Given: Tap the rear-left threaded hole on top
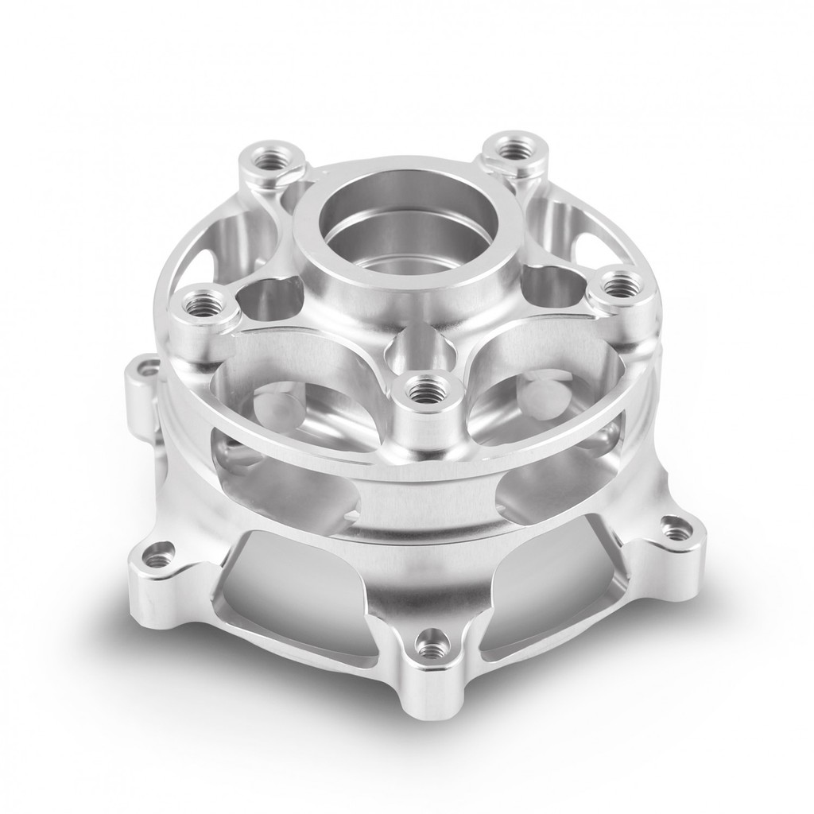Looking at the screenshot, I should pyautogui.click(x=273, y=156).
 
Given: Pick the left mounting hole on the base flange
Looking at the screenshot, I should pyautogui.click(x=159, y=554).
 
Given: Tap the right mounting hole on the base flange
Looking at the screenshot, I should pyautogui.click(x=676, y=530).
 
